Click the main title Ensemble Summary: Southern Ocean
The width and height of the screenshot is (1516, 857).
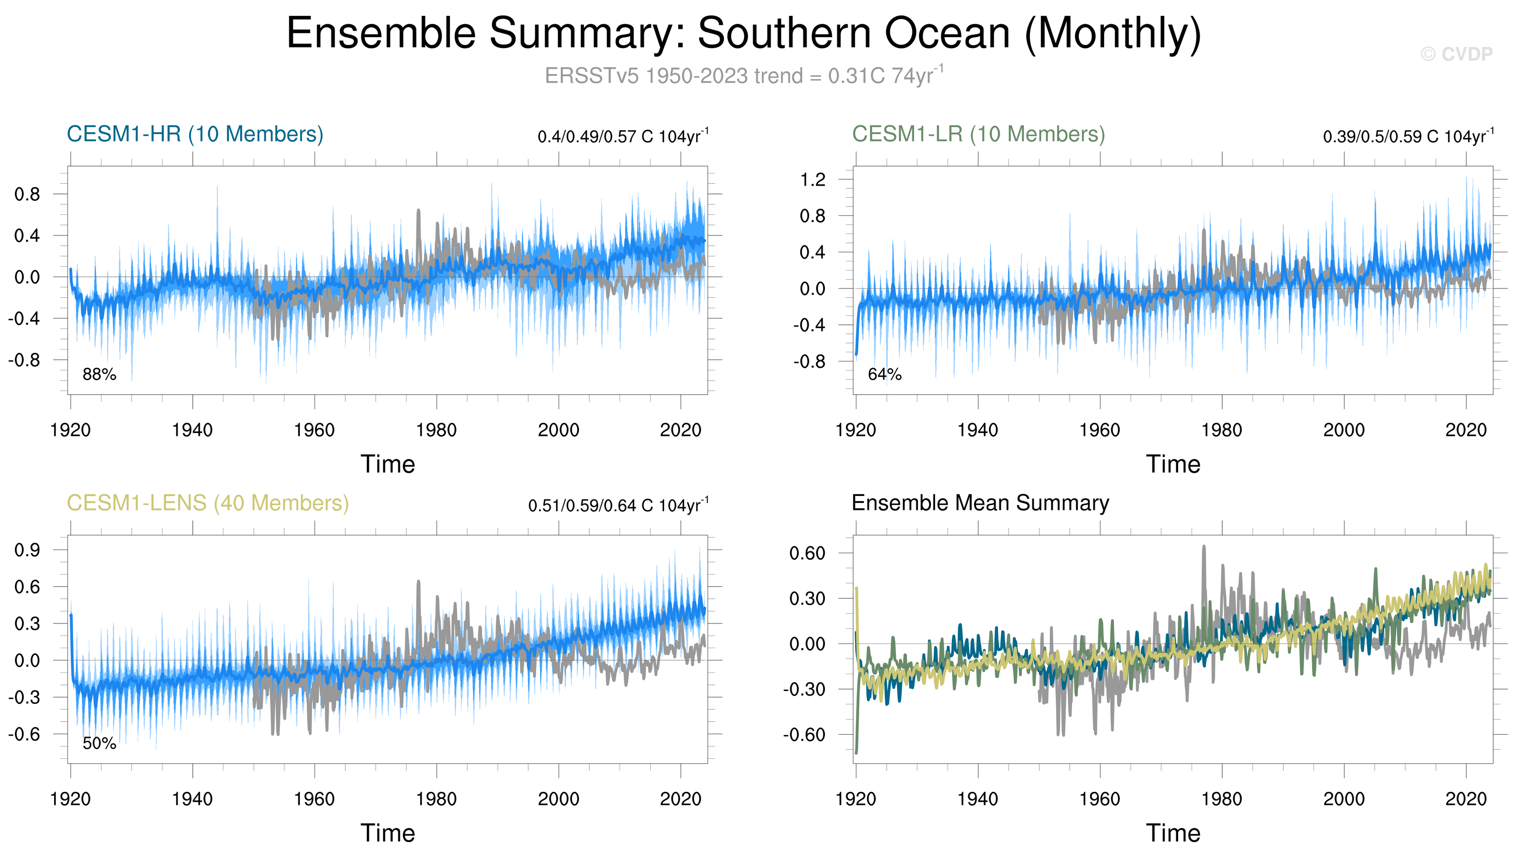(743, 33)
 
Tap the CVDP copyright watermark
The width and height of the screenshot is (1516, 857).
(1456, 54)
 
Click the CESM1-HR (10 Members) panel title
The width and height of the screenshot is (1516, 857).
(195, 134)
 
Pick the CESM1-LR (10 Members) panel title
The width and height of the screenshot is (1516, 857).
(978, 134)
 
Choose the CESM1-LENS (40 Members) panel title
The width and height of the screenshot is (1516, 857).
(208, 503)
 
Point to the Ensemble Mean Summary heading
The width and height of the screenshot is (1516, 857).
(980, 503)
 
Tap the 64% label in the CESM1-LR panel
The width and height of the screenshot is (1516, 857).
(884, 375)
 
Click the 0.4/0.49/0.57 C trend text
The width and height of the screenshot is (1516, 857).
(622, 137)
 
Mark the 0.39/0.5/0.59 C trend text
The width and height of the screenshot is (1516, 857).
(1408, 137)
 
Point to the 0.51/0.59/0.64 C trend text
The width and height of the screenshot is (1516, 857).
(618, 506)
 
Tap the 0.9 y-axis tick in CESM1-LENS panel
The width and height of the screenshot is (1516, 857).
(27, 550)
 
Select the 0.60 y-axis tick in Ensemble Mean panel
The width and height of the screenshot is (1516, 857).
(807, 553)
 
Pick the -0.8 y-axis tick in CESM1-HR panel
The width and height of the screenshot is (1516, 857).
(24, 360)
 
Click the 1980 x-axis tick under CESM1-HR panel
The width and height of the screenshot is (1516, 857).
(436, 430)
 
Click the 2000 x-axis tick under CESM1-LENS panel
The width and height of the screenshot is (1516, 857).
(558, 799)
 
